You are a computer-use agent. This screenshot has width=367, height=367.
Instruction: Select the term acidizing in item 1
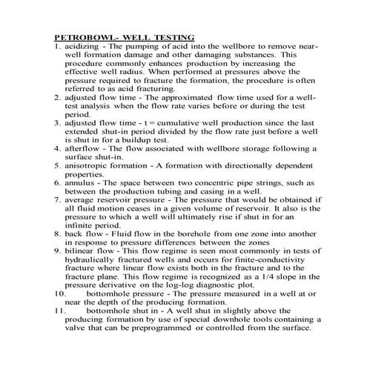tap(85, 46)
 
